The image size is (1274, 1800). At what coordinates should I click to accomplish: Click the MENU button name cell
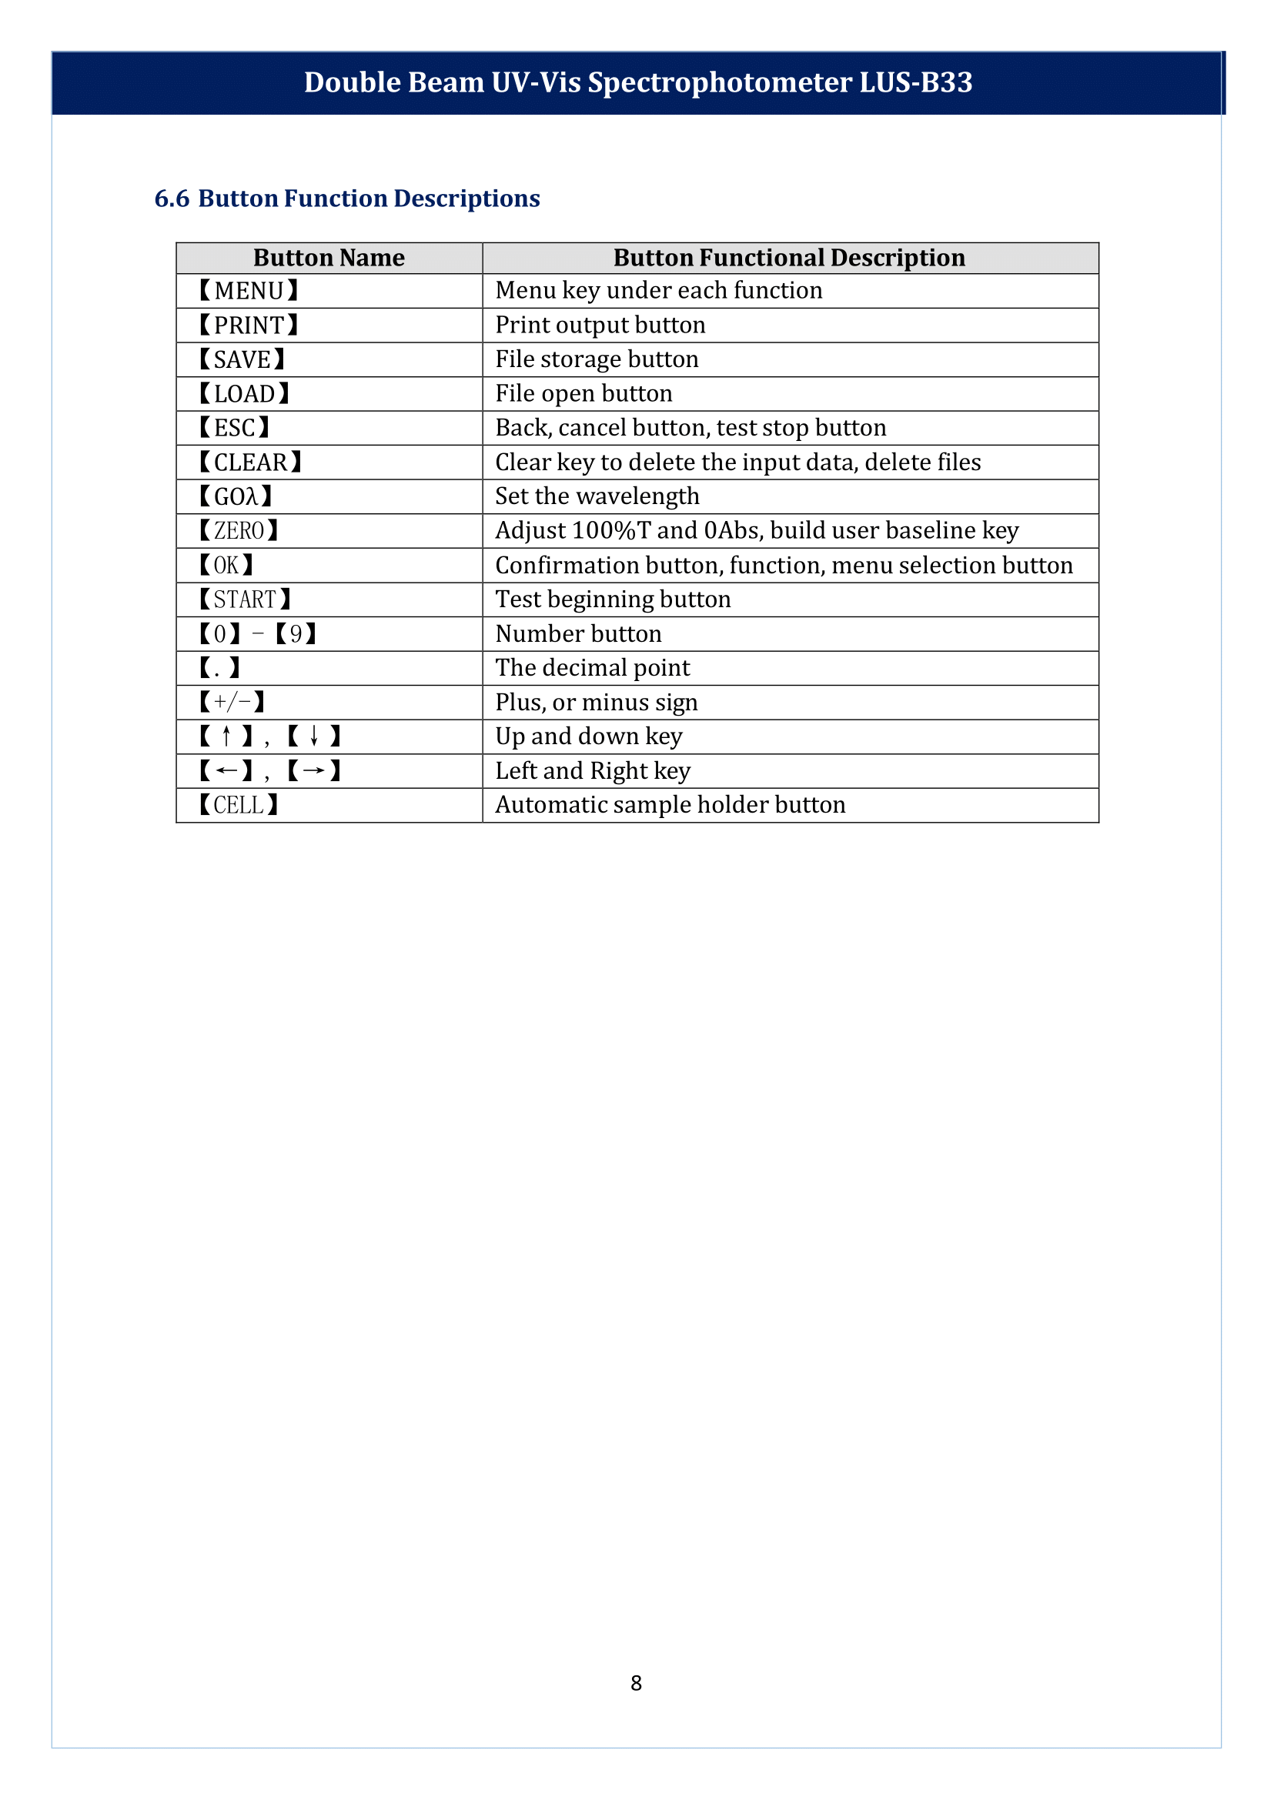click(249, 291)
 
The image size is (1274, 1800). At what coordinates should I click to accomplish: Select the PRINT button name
click(249, 326)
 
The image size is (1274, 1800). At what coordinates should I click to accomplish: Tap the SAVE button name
click(242, 360)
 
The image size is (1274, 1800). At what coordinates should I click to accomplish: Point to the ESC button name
click(235, 428)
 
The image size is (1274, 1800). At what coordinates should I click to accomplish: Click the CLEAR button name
click(250, 463)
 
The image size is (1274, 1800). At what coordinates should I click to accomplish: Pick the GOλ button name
click(236, 496)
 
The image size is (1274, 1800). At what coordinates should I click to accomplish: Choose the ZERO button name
click(239, 531)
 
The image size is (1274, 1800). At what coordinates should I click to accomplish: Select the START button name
click(245, 600)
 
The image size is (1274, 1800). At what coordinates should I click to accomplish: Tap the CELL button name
click(239, 806)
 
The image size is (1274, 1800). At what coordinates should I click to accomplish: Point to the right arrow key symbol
click(314, 771)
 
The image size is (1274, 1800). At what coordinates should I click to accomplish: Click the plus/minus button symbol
click(232, 702)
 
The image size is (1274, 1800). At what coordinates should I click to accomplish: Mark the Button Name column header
click(329, 258)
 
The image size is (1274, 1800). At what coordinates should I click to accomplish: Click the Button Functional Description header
click(789, 258)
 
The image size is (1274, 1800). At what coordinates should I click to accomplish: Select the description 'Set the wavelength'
click(597, 496)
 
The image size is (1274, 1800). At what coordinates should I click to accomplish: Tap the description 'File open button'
click(583, 394)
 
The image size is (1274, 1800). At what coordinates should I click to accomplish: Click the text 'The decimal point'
click(592, 668)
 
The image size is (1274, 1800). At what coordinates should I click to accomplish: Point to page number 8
click(636, 1682)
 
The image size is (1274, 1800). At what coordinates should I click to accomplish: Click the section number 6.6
click(172, 199)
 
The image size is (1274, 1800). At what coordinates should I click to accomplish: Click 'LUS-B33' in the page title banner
click(915, 83)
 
